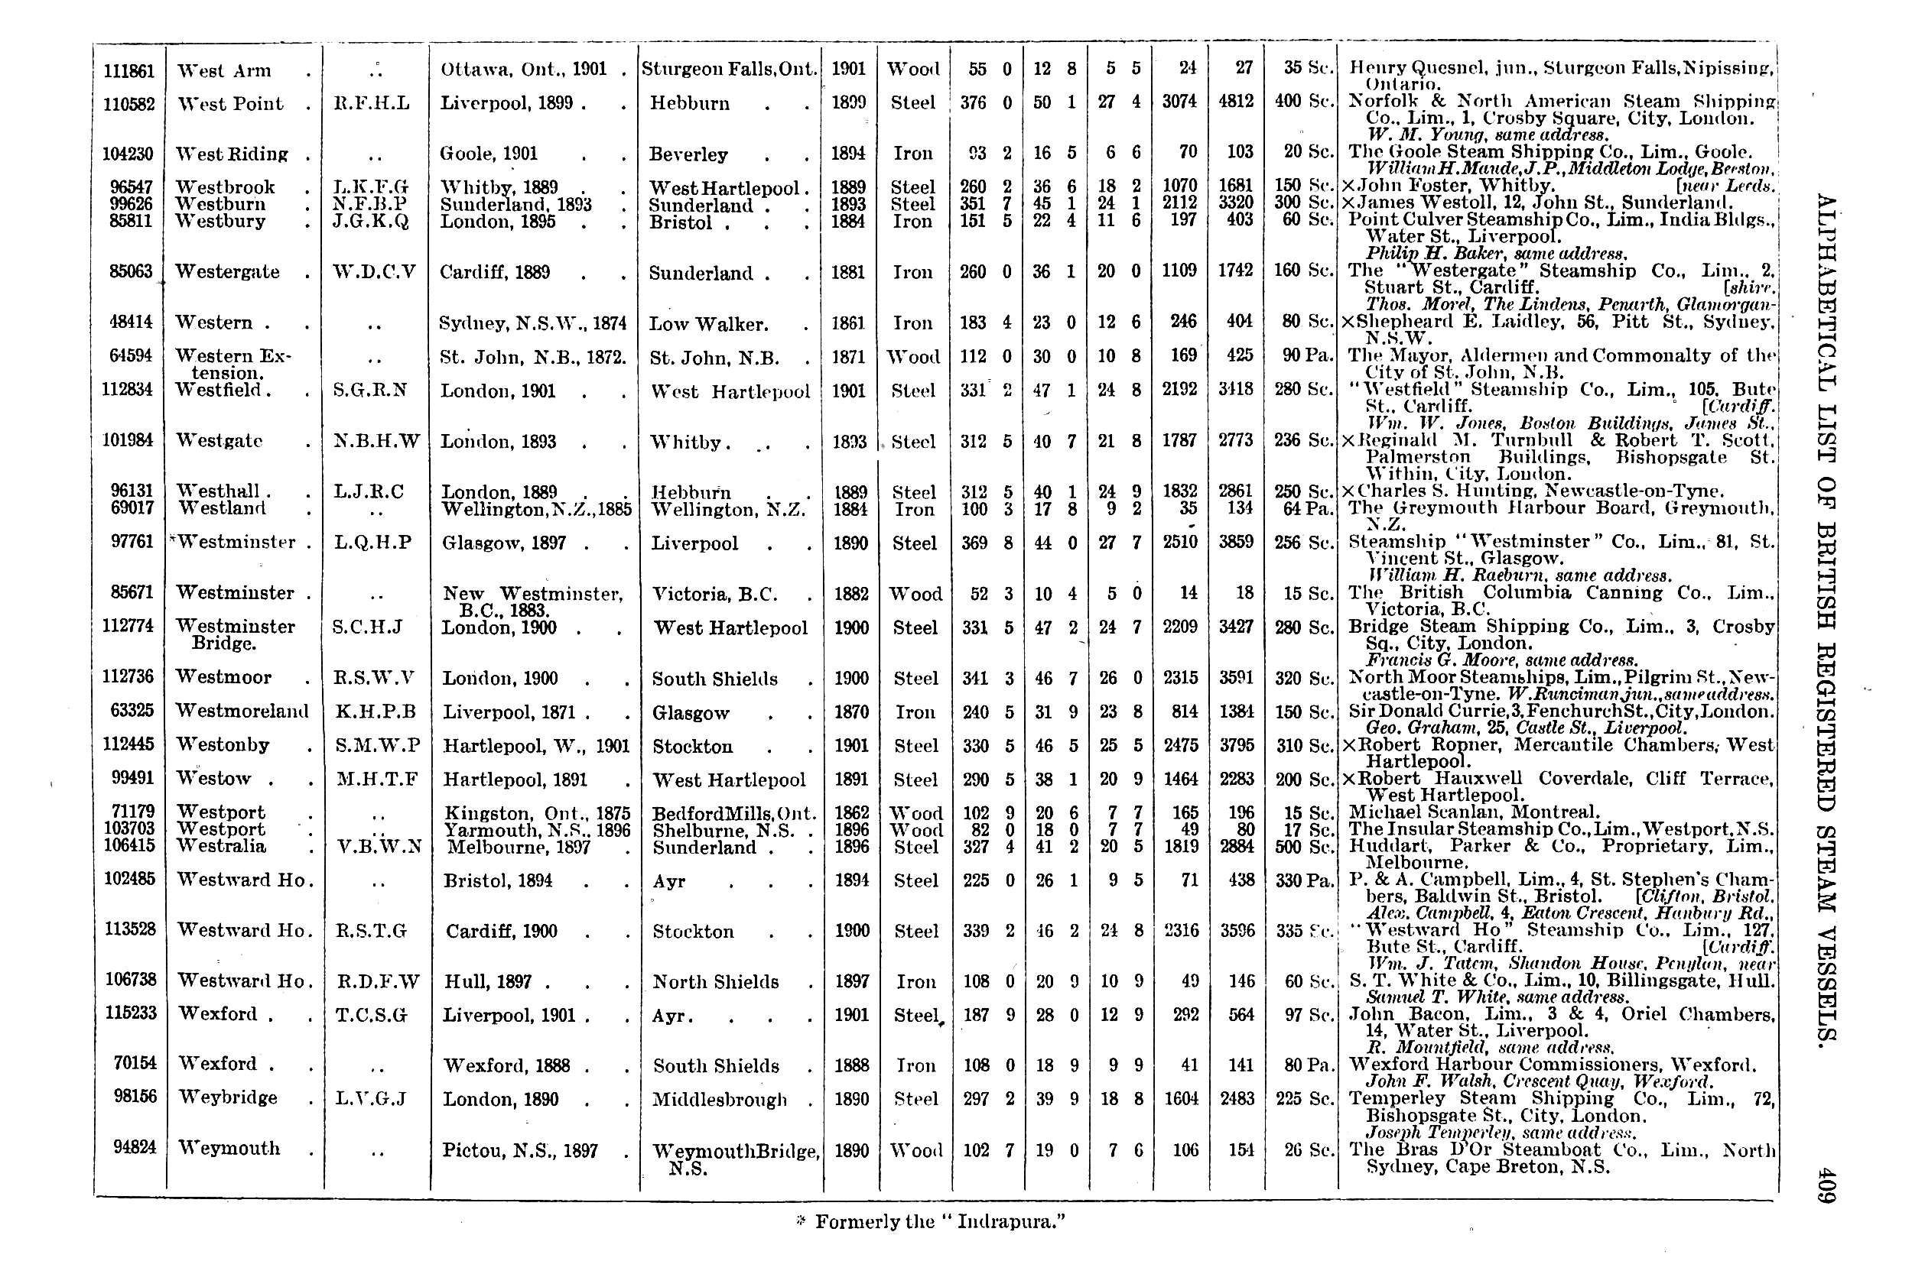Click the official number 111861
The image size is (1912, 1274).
pos(128,70)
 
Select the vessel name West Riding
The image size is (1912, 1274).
pos(232,154)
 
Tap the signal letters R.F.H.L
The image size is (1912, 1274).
pos(372,104)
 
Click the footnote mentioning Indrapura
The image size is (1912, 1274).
pos(930,1222)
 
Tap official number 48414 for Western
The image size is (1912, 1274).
pos(131,322)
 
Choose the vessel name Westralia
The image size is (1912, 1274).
pos(221,847)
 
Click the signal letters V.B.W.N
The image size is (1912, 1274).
pos(378,847)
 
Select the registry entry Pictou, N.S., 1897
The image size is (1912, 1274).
pos(520,1150)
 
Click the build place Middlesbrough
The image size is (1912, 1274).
pos(720,1100)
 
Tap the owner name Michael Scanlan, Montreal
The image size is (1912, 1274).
pos(1473,812)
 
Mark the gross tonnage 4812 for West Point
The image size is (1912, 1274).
pos(1236,102)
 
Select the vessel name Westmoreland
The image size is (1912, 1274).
pos(242,712)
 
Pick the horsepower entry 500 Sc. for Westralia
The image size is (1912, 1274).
pos(1306,847)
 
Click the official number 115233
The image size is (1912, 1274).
pos(130,1014)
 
